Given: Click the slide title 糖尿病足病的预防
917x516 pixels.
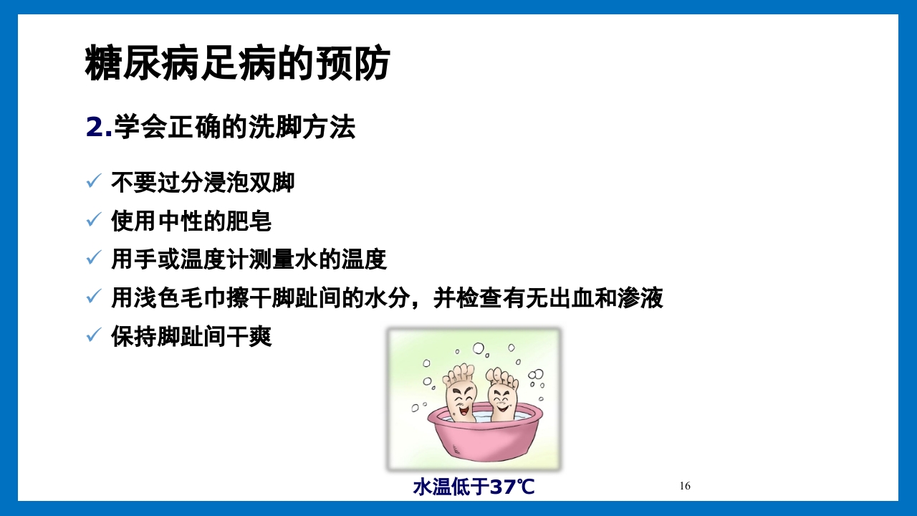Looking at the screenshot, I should click(237, 63).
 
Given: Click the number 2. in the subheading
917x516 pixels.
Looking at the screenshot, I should click(99, 128).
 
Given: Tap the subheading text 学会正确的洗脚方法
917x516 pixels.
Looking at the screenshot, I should click(234, 128).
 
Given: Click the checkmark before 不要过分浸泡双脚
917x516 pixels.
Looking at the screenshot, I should click(93, 182).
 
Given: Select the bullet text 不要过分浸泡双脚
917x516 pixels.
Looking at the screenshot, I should click(203, 182).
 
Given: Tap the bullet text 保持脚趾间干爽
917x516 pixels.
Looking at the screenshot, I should click(191, 336).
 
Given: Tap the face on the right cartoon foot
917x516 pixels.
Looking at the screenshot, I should click(503, 401).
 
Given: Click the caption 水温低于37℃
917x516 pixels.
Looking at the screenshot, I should click(474, 487).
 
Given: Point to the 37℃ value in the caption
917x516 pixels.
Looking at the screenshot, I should click(512, 487).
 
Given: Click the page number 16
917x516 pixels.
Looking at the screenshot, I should click(685, 486).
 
